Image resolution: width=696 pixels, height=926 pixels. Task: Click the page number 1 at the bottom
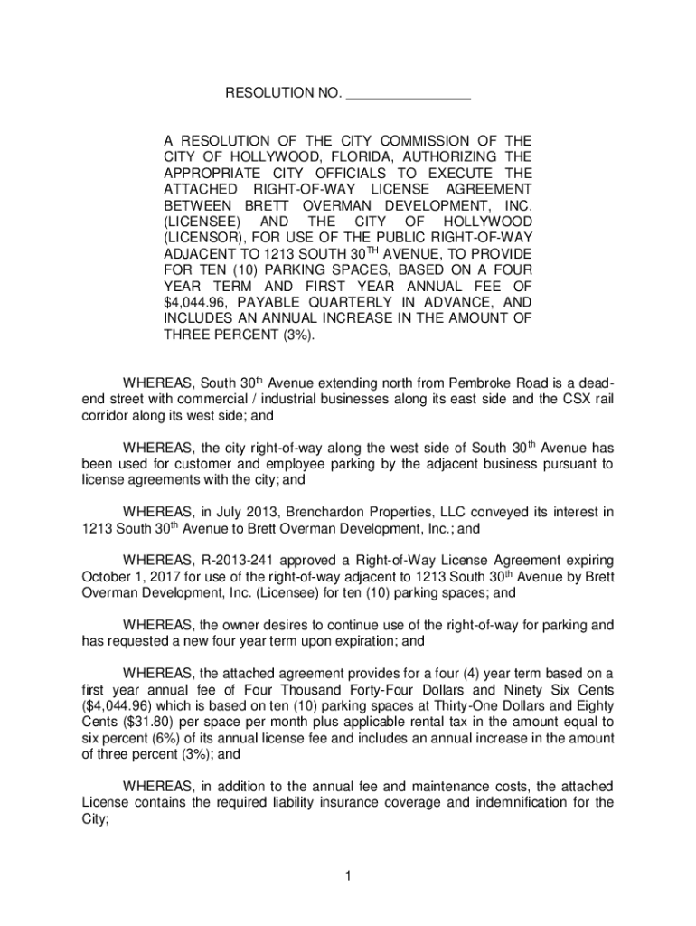(347, 875)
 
